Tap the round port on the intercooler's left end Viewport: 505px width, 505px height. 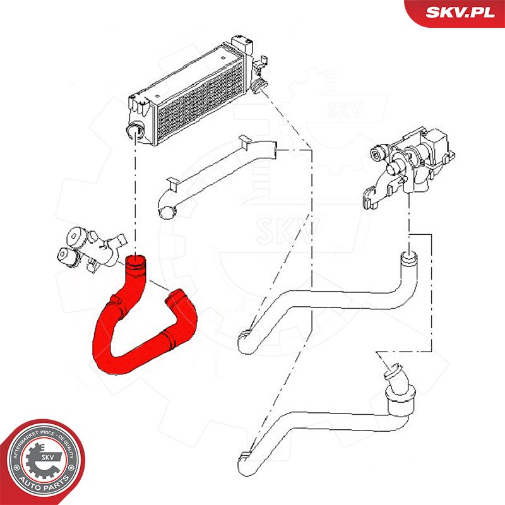tap(133, 131)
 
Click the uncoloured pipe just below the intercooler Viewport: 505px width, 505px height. tap(221, 177)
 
